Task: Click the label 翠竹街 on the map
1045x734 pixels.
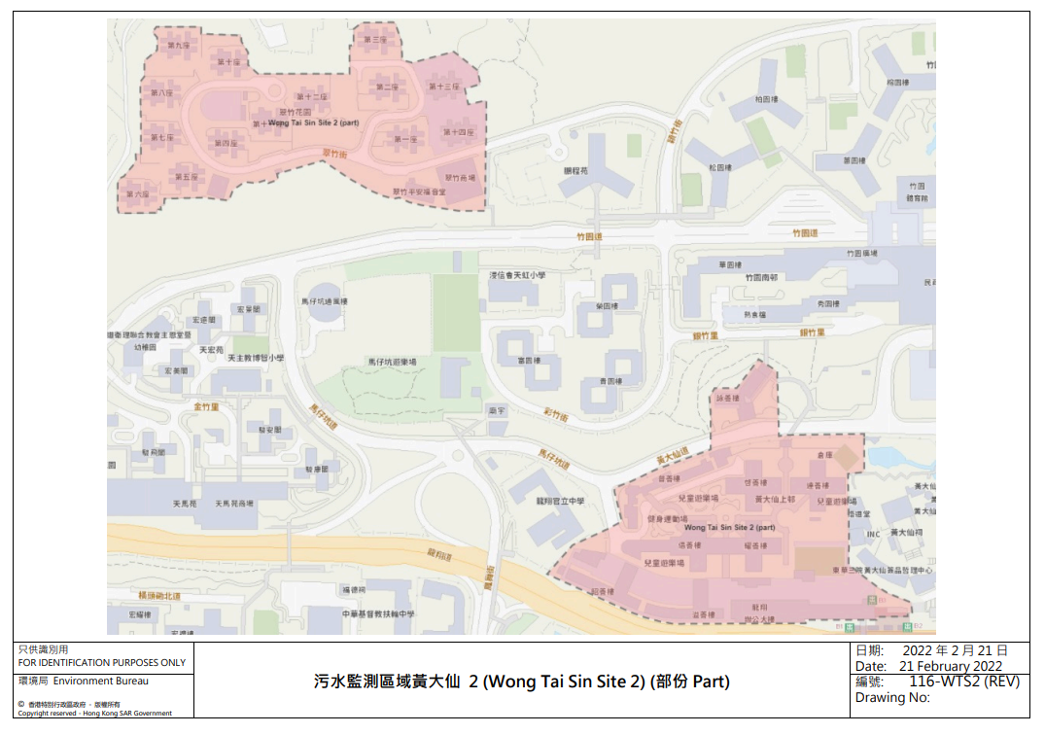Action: (x=333, y=153)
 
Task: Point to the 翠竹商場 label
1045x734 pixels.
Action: (x=461, y=178)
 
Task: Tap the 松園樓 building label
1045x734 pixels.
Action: (x=719, y=167)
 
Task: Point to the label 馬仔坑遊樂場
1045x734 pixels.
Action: (x=392, y=362)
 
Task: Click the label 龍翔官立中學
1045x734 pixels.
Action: (x=561, y=502)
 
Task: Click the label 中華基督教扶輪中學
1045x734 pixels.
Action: (x=378, y=614)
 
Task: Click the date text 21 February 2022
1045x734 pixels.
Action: (x=951, y=666)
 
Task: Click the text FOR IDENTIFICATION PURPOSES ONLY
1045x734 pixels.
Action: (x=102, y=662)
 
